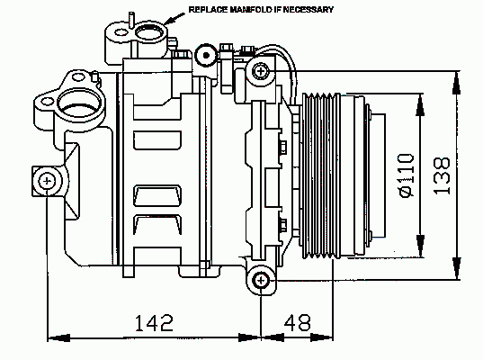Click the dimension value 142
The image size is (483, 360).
click(x=154, y=323)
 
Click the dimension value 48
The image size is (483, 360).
click(x=297, y=323)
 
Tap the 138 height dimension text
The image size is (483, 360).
click(x=442, y=176)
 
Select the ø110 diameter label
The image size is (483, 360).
click(x=407, y=175)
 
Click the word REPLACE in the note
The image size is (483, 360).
click(x=208, y=10)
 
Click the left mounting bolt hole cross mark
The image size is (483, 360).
click(x=47, y=181)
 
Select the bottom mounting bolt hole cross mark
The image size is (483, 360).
click(x=261, y=280)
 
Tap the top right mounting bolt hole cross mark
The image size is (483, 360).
click(x=261, y=71)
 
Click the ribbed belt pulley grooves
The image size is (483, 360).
click(x=321, y=175)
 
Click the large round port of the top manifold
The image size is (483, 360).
click(x=149, y=32)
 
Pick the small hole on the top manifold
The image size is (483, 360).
click(x=121, y=32)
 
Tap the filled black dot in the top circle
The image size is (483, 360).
click(x=206, y=56)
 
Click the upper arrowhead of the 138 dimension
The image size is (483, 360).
click(x=457, y=82)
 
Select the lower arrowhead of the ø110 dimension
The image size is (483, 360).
click(x=420, y=246)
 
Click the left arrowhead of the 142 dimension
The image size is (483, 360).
click(x=59, y=337)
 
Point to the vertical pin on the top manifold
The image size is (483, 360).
click(x=131, y=20)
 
